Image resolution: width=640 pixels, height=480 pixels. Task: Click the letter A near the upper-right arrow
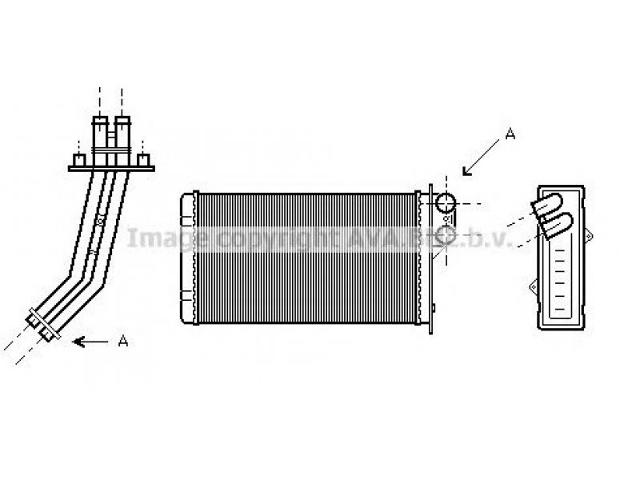tap(510, 135)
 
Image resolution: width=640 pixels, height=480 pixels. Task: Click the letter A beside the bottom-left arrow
tap(123, 342)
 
